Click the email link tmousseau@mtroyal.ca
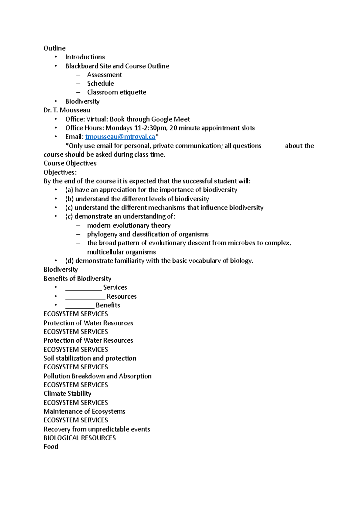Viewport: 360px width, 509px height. [x=120, y=137]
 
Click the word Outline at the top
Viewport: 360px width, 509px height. [x=55, y=48]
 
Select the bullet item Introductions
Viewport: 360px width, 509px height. [x=85, y=57]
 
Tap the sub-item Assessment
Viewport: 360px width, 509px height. [x=104, y=75]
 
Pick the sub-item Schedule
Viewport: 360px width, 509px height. [x=100, y=84]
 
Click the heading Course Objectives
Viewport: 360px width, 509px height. [x=70, y=163]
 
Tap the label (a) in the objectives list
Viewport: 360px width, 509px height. [x=69, y=190]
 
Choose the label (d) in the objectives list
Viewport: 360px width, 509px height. [x=70, y=261]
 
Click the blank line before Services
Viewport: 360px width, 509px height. [x=83, y=288]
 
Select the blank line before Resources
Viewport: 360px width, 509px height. [x=85, y=297]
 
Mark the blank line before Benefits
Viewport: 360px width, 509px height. [x=80, y=305]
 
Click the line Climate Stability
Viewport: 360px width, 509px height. [x=67, y=394]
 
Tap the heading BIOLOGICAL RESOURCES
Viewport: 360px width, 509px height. [x=79, y=438]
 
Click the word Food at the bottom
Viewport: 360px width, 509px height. [x=51, y=447]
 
